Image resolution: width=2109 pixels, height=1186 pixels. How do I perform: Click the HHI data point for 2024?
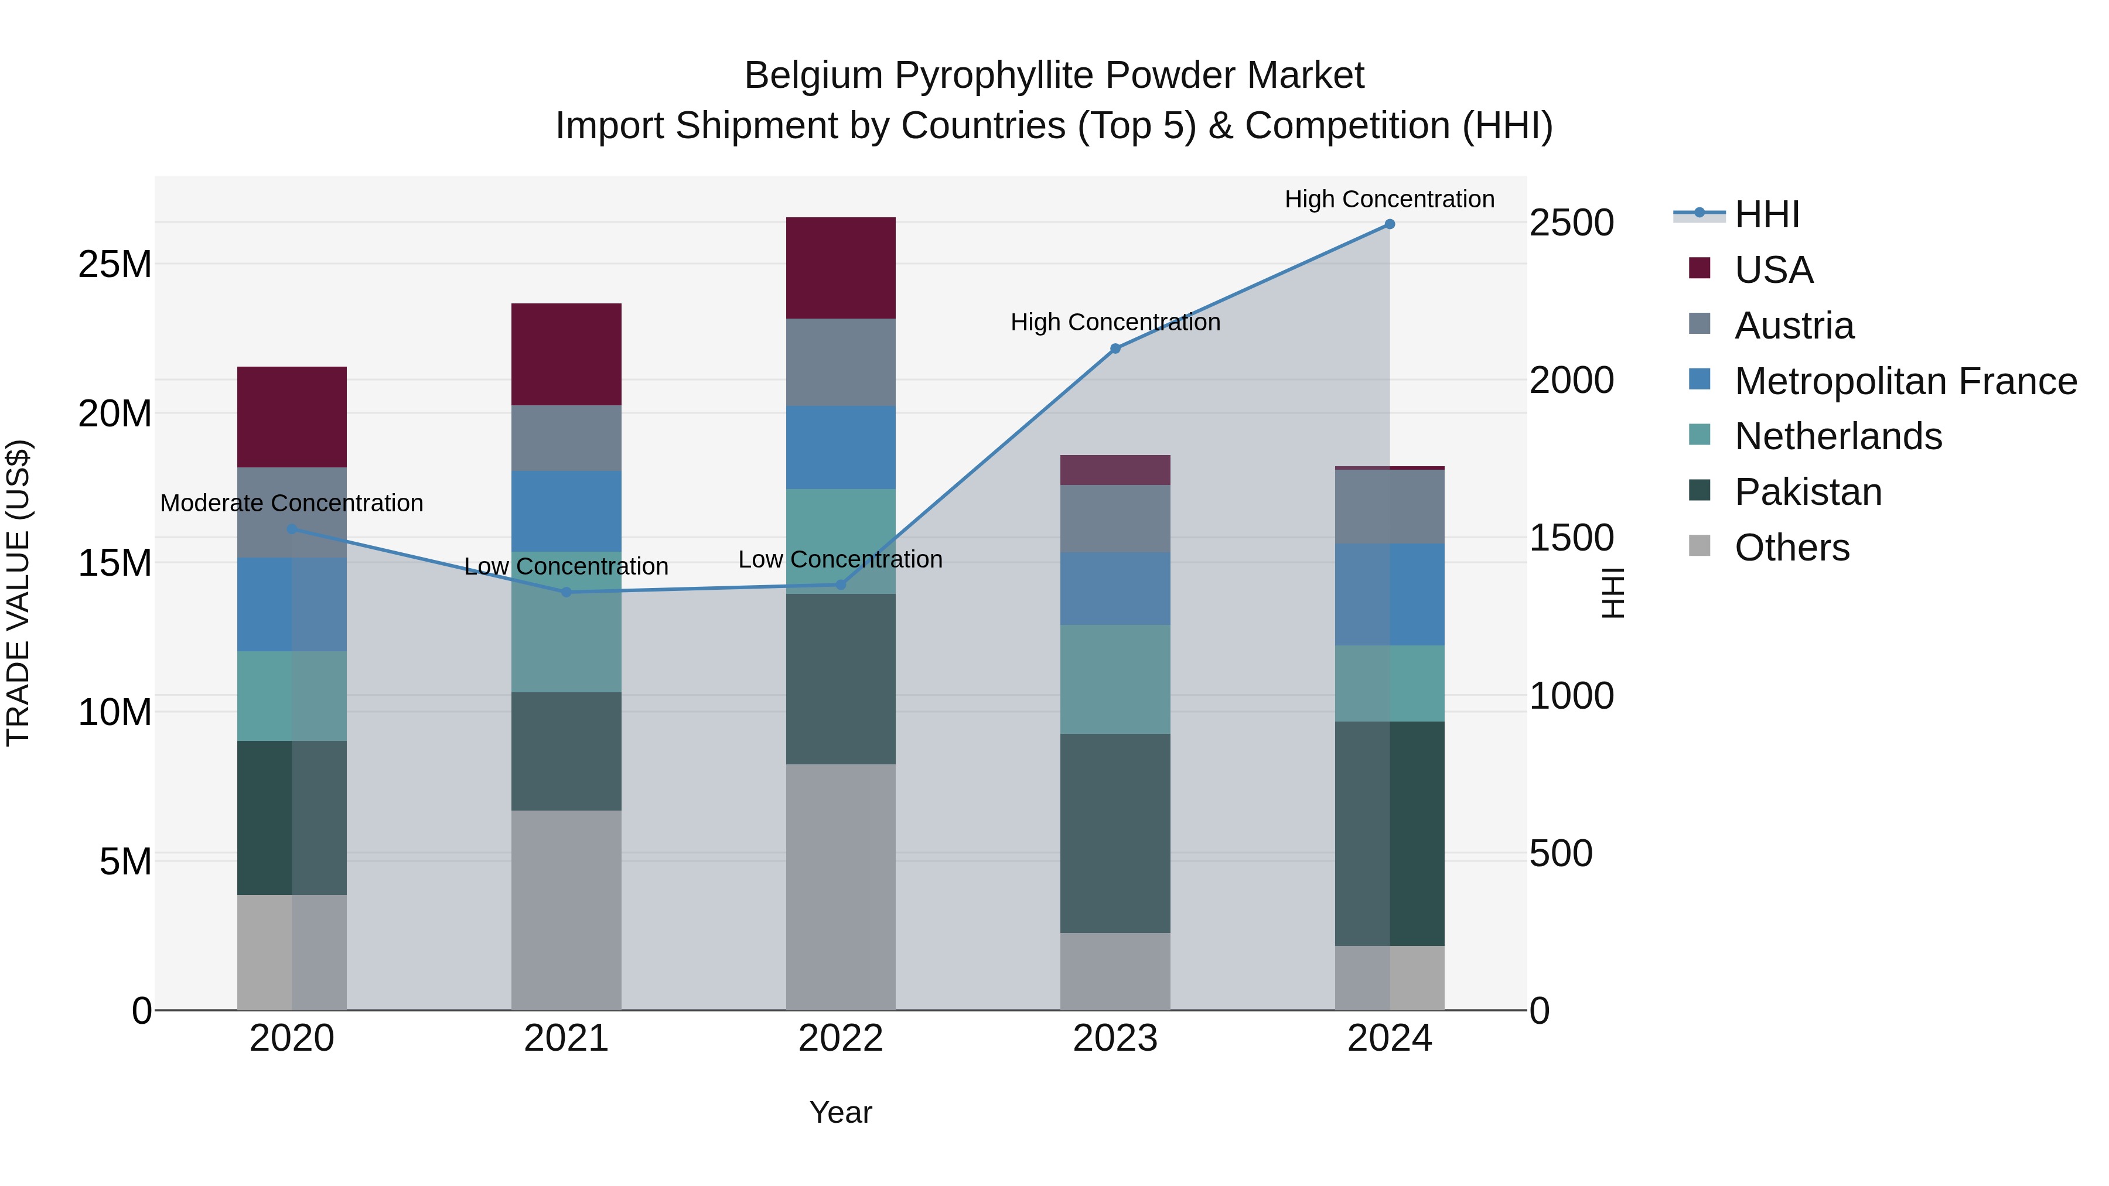coord(1390,224)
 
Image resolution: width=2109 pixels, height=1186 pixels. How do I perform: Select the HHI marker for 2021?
coord(567,592)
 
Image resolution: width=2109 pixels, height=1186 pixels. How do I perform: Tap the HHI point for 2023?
coord(1115,348)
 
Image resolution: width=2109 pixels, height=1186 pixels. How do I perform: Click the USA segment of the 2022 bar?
coord(841,268)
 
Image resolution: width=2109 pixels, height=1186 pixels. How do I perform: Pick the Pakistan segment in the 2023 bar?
coord(1115,833)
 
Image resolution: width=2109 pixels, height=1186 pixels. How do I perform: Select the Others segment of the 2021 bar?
coord(567,910)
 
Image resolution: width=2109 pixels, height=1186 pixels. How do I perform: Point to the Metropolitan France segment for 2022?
coord(841,447)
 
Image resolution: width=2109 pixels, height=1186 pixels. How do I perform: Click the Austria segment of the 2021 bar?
coord(567,438)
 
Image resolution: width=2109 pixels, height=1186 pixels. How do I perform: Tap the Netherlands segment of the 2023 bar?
coord(1115,679)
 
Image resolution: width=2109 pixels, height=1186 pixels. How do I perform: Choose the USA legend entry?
coord(1773,270)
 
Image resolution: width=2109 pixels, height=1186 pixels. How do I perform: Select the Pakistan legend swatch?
coord(1700,491)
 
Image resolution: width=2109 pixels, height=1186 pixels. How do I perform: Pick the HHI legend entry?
coord(1767,214)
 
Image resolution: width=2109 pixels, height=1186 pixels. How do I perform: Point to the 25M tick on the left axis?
coord(115,264)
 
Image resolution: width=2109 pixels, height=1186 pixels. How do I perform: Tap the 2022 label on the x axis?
coord(841,1038)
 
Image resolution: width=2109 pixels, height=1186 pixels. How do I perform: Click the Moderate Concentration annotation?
coord(292,503)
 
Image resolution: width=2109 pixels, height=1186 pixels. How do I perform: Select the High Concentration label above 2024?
coord(1390,199)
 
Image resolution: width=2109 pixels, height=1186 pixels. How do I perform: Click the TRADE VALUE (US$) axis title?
coord(18,593)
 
